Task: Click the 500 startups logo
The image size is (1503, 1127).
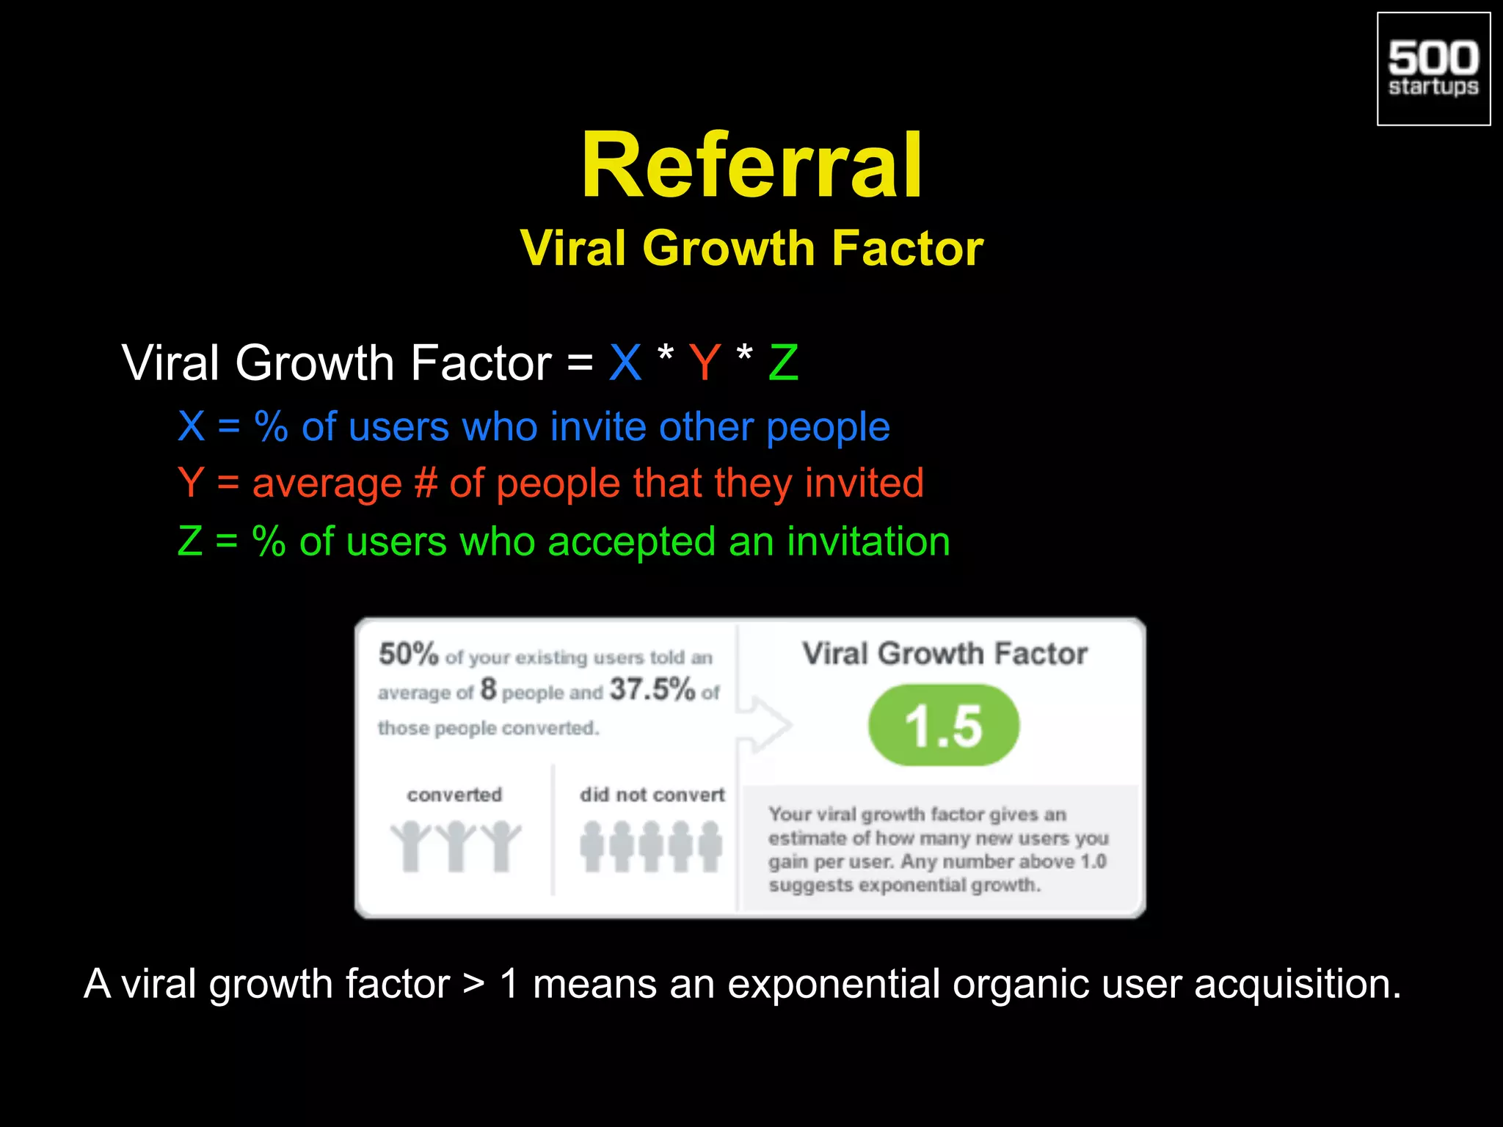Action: [1433, 69]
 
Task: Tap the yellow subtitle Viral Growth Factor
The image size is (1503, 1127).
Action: [751, 248]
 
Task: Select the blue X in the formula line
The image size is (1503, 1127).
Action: [625, 362]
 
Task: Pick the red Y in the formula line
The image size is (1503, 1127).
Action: [705, 362]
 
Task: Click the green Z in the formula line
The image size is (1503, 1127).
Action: [783, 362]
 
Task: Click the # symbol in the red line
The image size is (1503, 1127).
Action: [426, 484]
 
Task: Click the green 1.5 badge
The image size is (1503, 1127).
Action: [944, 726]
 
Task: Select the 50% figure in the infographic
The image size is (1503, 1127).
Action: [408, 654]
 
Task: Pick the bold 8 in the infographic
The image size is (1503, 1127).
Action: [489, 689]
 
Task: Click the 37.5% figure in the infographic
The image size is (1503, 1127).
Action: [652, 689]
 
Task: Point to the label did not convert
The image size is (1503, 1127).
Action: [652, 795]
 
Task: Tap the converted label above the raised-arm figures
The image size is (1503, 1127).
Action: [454, 795]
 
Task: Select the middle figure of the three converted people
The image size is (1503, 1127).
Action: [456, 845]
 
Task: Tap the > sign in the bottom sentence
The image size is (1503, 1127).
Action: [474, 984]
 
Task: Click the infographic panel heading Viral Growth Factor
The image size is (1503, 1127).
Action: [945, 654]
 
